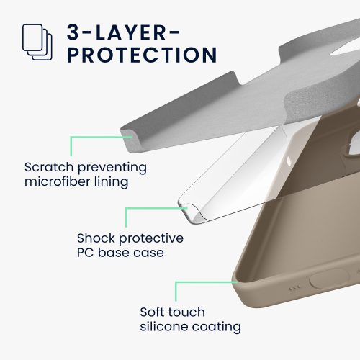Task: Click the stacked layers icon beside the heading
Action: (x=37, y=42)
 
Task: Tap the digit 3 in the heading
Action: (x=73, y=32)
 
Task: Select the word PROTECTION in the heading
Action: (x=142, y=55)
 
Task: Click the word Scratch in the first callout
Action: (x=49, y=167)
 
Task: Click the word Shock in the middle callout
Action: (x=96, y=238)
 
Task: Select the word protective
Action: (x=151, y=239)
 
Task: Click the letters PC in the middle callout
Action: (x=85, y=253)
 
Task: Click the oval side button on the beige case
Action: (x=329, y=279)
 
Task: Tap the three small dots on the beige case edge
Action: (x=294, y=287)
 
